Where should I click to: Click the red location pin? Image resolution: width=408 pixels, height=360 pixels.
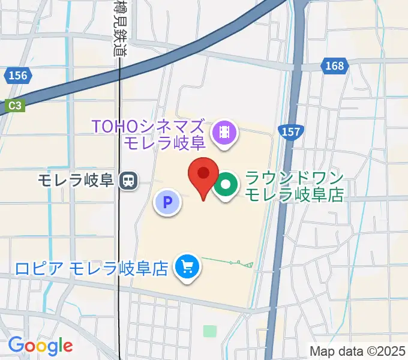click(203, 175)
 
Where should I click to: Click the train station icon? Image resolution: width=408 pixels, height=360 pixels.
click(128, 179)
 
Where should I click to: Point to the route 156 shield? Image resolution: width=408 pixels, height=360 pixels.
click(18, 75)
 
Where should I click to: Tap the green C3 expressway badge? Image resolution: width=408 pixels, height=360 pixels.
click(15, 105)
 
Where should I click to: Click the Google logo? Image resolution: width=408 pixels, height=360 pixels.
click(40, 346)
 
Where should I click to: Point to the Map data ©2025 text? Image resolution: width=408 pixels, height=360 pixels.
click(358, 350)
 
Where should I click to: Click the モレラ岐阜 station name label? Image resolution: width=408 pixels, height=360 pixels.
click(76, 179)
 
